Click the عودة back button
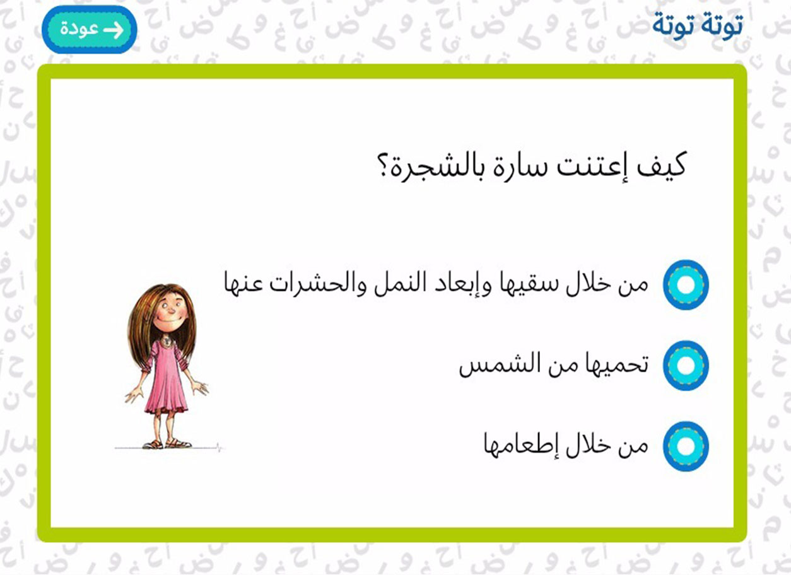pyautogui.click(x=90, y=30)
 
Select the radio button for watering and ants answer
pyautogui.click(x=686, y=285)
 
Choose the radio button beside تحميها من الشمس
pyautogui.click(x=686, y=366)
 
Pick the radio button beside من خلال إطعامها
pyautogui.click(x=686, y=446)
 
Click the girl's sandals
pyautogui.click(x=167, y=443)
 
